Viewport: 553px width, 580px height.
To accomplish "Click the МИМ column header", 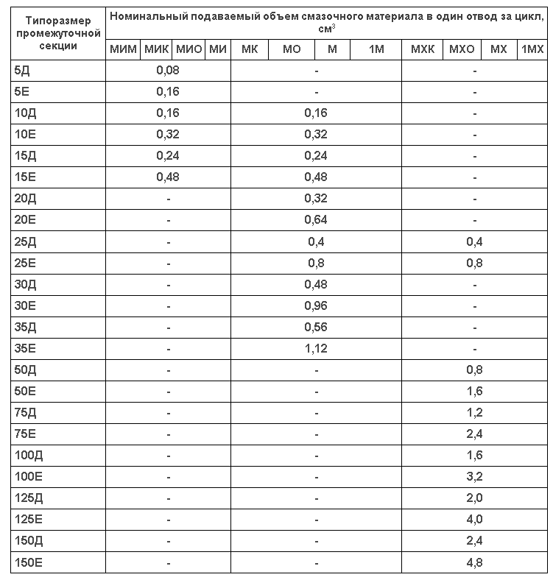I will coord(123,49).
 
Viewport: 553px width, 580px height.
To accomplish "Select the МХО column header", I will coord(461,49).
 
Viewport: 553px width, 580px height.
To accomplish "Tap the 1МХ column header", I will coord(532,49).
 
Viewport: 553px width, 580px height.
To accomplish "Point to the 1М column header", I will coord(376,49).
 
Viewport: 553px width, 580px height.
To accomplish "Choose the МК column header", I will coord(249,49).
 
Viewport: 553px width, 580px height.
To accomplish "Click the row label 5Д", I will coord(21,71).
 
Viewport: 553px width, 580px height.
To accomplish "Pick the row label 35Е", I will coord(24,349).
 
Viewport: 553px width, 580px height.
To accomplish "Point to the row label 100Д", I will coord(27,456).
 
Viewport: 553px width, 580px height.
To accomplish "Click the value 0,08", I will coord(168,71).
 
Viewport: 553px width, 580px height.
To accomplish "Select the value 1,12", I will coord(316,349).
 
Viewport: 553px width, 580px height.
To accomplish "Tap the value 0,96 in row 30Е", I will coord(316,306).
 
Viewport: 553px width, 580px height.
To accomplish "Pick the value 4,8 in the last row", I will coord(475,563).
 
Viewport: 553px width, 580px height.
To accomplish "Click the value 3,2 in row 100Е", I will coord(475,477).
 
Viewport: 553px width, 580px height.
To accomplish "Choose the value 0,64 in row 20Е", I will coord(316,220).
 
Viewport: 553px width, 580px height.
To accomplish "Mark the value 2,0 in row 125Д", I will coord(475,498).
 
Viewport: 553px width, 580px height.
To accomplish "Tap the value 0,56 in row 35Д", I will coord(316,328).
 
